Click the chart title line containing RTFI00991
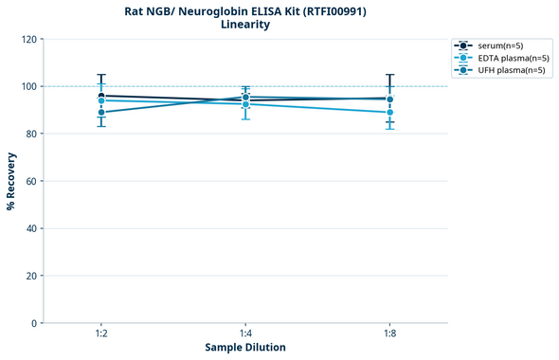tap(245, 11)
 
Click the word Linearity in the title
tap(245, 26)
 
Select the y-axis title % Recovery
tap(11, 180)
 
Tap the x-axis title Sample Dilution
tap(245, 347)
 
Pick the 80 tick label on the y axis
tap(28, 134)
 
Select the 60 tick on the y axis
tap(28, 181)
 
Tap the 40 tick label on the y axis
tap(28, 228)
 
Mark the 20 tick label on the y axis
tap(28, 276)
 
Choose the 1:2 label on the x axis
tap(101, 333)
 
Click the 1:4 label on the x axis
tap(245, 333)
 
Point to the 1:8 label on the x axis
tap(389, 333)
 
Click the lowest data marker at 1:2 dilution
tap(101, 113)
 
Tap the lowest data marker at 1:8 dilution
tap(389, 113)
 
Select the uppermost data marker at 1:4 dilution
tap(245, 97)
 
